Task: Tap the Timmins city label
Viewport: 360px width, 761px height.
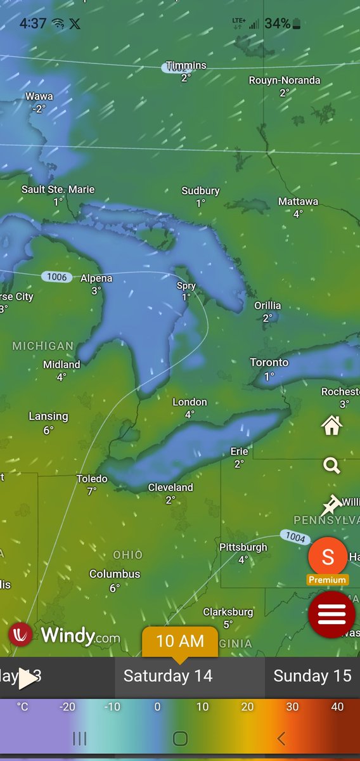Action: click(186, 65)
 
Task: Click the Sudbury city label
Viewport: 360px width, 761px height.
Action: click(200, 191)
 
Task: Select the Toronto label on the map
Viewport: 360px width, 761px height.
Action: click(269, 363)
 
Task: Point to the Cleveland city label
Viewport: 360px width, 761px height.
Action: click(170, 488)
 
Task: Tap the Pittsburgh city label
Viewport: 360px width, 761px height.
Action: click(243, 547)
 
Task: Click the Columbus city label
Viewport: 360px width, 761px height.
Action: click(115, 574)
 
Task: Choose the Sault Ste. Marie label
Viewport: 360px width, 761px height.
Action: click(58, 190)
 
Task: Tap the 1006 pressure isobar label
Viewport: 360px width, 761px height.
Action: click(56, 277)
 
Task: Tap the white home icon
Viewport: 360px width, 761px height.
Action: click(331, 426)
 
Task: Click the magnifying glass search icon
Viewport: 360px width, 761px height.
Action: click(331, 466)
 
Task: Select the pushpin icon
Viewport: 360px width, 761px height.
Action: click(330, 505)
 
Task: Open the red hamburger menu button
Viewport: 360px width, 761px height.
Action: click(331, 614)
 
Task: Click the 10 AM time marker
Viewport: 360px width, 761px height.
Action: click(179, 641)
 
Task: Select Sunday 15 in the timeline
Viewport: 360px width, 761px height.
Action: click(312, 676)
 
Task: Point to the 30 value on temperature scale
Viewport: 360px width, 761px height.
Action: click(292, 706)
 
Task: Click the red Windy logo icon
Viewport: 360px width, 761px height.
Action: click(21, 635)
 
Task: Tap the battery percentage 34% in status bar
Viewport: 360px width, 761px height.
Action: click(278, 24)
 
